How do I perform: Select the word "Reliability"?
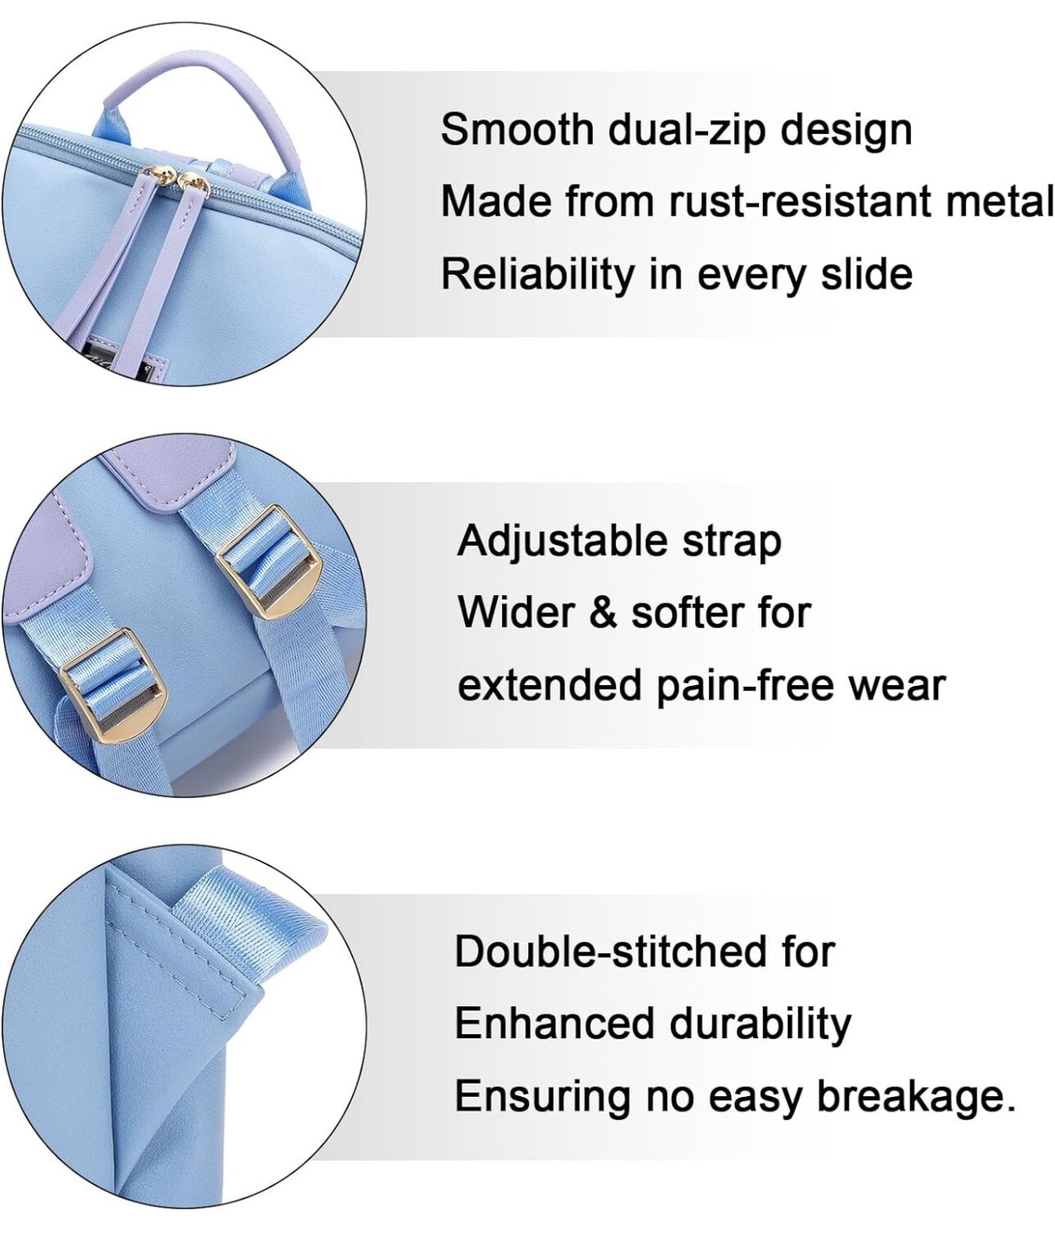pyautogui.click(x=537, y=275)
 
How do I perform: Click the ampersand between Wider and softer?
pyautogui.click(x=602, y=613)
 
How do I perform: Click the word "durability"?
pyautogui.click(x=760, y=1024)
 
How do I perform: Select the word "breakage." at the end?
pyautogui.click(x=916, y=1096)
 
